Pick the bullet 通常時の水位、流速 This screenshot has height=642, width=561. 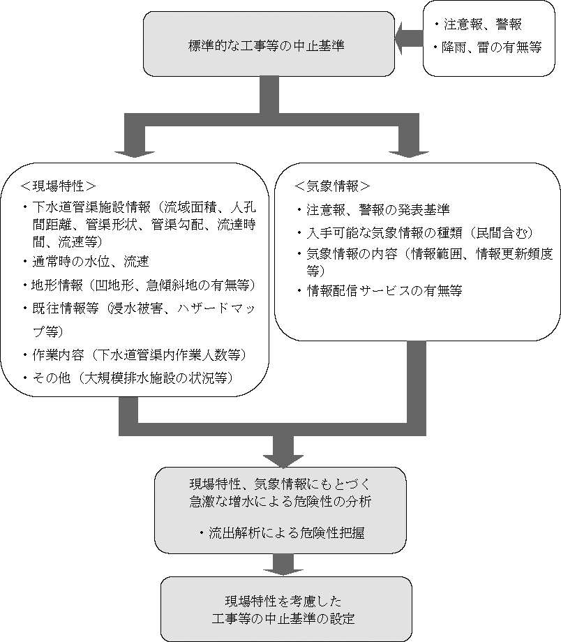click(90, 262)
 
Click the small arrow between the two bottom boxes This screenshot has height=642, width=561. click(282, 564)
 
